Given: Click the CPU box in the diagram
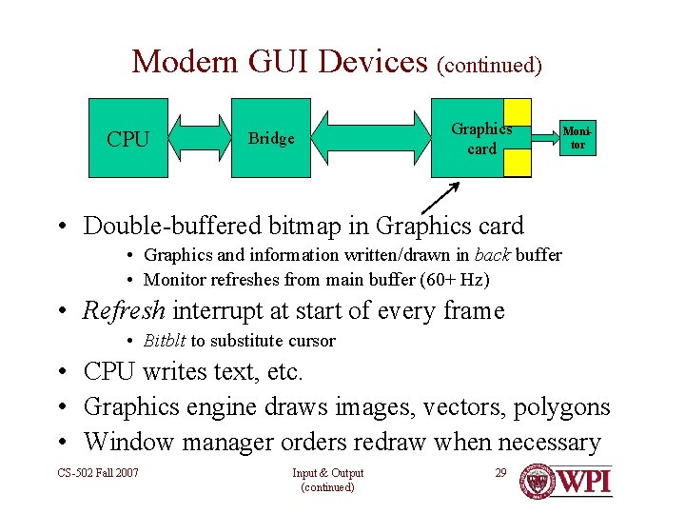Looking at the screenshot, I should click(128, 138).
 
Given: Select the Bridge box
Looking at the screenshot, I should click(271, 138).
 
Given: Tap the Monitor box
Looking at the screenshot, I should click(577, 138).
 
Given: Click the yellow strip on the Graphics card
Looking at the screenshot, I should click(518, 138).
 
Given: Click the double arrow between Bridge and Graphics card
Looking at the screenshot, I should click(371, 137).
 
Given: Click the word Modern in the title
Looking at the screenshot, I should click(184, 62).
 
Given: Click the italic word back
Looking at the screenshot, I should click(490, 255).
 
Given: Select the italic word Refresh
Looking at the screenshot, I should click(125, 310).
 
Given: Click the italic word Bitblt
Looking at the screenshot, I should click(164, 341).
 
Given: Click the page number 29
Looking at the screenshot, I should click(500, 473).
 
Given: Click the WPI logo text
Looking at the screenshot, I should click(584, 479).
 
